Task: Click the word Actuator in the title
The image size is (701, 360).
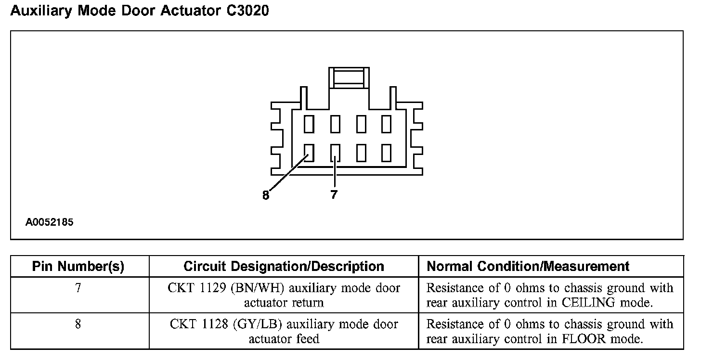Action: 189,11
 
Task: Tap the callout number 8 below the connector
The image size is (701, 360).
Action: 266,195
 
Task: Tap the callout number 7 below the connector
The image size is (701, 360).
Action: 334,195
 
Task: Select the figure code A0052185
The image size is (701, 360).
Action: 50,222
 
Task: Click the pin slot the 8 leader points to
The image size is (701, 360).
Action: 309,153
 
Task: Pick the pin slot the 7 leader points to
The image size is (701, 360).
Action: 336,153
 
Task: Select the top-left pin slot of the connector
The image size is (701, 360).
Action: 309,124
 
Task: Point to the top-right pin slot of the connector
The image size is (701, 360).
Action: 386,124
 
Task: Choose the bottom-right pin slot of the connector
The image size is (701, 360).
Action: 386,153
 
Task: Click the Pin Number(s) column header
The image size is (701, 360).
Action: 78,266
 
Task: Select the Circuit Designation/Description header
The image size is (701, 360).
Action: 284,266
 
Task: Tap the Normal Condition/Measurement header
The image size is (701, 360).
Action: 528,266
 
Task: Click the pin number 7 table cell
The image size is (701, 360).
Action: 78,288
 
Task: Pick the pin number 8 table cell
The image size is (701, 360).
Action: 78,324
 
